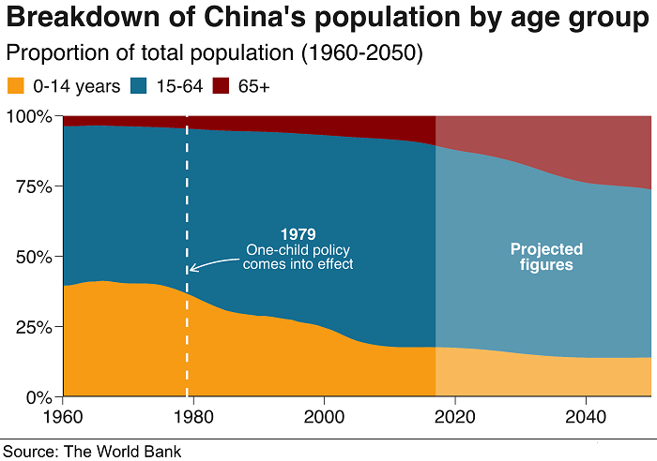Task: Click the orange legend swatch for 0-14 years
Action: pyautogui.click(x=16, y=86)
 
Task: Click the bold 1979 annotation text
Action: pyautogui.click(x=298, y=234)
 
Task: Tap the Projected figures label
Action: pyautogui.click(x=546, y=257)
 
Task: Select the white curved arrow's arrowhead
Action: pyautogui.click(x=191, y=270)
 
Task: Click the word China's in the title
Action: pyautogui.click(x=252, y=18)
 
